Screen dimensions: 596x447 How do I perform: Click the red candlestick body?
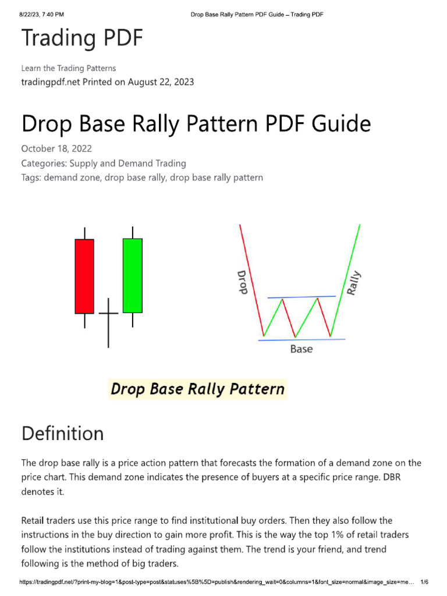click(x=84, y=276)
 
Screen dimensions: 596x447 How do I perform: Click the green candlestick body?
click(x=132, y=275)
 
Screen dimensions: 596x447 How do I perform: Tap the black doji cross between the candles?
click(x=108, y=314)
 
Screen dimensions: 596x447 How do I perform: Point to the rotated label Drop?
click(x=242, y=282)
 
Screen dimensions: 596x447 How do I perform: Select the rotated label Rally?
click(x=354, y=282)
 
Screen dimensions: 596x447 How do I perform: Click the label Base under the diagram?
click(x=301, y=349)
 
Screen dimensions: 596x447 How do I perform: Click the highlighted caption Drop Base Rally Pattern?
click(x=198, y=389)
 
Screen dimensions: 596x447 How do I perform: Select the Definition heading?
click(x=62, y=434)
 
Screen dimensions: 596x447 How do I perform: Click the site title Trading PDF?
click(x=81, y=38)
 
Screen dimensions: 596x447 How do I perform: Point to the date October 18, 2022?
click(x=56, y=148)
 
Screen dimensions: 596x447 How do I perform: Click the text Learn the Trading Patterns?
click(x=69, y=68)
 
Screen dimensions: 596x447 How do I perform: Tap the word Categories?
click(x=44, y=163)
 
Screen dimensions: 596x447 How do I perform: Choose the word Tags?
click(x=31, y=178)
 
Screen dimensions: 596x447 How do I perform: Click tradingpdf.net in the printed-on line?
click(x=51, y=82)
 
